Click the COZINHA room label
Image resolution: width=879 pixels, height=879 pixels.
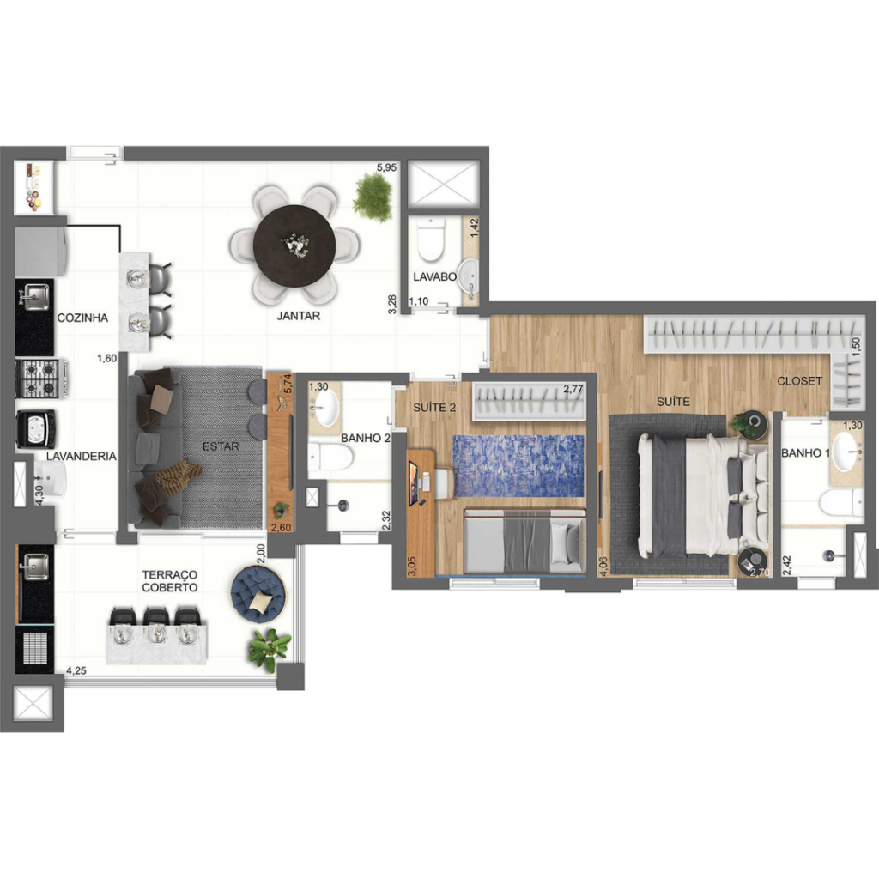pyautogui.click(x=82, y=318)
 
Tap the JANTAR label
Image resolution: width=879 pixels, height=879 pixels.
pyautogui.click(x=298, y=316)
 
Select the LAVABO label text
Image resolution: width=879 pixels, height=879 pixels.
pyautogui.click(x=434, y=277)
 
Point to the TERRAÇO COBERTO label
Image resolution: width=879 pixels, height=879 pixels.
pyautogui.click(x=169, y=581)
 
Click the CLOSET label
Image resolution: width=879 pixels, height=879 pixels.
pyautogui.click(x=799, y=381)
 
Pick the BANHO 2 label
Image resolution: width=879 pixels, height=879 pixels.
pyautogui.click(x=366, y=439)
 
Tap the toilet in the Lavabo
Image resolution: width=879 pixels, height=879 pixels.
pyautogui.click(x=431, y=240)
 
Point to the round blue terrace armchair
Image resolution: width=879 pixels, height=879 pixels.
pyautogui.click(x=258, y=594)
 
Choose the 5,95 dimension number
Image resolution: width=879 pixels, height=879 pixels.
pyautogui.click(x=386, y=167)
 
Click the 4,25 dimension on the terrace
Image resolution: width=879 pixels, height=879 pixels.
pyautogui.click(x=76, y=670)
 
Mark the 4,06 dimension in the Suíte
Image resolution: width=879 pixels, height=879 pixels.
pyautogui.click(x=603, y=567)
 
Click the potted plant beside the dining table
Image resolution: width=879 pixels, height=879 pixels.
pyautogui.click(x=373, y=197)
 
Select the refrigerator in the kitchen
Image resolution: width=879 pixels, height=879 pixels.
pyautogui.click(x=41, y=252)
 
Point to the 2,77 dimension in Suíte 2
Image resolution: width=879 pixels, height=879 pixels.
pyautogui.click(x=573, y=389)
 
